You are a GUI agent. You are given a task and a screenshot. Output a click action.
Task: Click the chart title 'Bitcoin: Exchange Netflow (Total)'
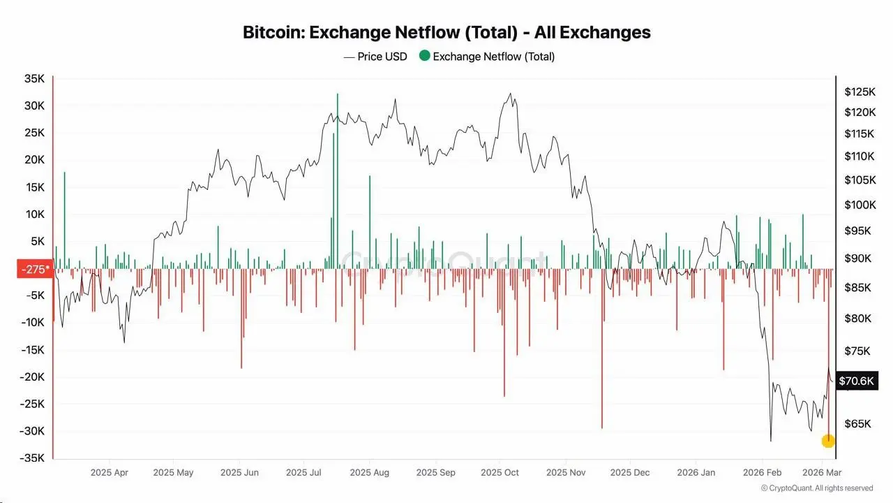pyautogui.click(x=446, y=32)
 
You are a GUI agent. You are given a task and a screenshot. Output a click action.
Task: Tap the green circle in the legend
pyautogui.click(x=424, y=56)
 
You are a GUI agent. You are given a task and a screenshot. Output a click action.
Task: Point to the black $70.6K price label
pyautogui.click(x=856, y=381)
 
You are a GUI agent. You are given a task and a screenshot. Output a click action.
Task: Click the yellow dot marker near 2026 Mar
pyautogui.click(x=828, y=441)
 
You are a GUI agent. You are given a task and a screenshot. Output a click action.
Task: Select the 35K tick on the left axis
pyautogui.click(x=34, y=79)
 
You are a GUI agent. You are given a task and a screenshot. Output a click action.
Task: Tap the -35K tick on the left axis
pyautogui.click(x=33, y=458)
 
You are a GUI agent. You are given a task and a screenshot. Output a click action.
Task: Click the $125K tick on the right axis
pyautogui.click(x=860, y=92)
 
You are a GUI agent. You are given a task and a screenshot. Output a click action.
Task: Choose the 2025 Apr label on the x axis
pyautogui.click(x=110, y=472)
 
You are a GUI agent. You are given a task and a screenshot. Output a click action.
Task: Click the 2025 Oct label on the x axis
pyautogui.click(x=500, y=472)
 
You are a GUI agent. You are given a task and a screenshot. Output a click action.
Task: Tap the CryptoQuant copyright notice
pyautogui.click(x=816, y=488)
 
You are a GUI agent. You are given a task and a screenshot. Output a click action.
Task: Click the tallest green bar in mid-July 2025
pyautogui.click(x=338, y=182)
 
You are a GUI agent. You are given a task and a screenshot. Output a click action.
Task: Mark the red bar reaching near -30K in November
pyautogui.click(x=601, y=349)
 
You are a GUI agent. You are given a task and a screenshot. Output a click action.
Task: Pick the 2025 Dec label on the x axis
pyautogui.click(x=630, y=472)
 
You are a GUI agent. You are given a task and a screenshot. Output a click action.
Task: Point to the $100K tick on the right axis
pyautogui.click(x=860, y=205)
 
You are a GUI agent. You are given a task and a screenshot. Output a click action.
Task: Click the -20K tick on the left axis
pyautogui.click(x=33, y=377)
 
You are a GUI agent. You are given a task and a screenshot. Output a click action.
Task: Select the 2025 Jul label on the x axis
pyautogui.click(x=305, y=472)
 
